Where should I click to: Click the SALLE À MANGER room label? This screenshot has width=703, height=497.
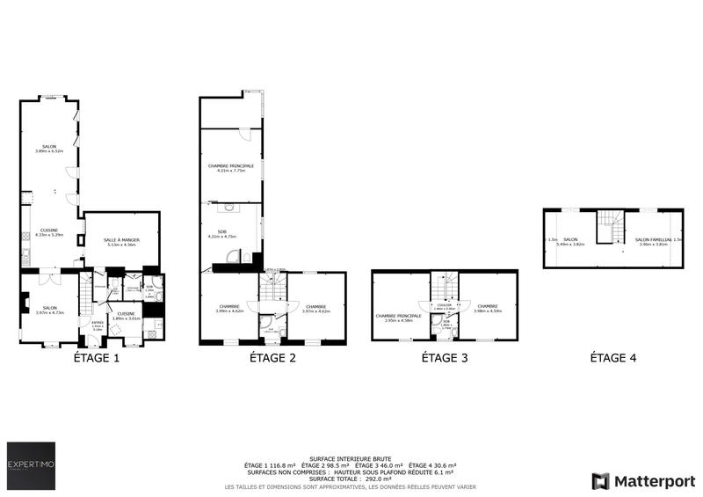[x=121, y=240]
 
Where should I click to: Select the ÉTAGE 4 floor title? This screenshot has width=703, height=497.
[x=612, y=358]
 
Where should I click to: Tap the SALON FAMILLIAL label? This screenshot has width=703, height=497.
[x=653, y=239]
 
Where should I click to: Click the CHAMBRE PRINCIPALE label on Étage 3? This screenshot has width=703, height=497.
[x=398, y=315]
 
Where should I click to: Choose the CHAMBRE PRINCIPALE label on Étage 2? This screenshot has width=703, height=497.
[x=231, y=165]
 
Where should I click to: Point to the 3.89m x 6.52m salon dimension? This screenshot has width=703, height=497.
[x=49, y=151]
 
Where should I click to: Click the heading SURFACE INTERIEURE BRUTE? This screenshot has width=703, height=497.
[x=351, y=458]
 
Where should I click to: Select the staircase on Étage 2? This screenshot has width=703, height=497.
[x=272, y=288]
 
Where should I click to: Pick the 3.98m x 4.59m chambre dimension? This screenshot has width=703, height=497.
[x=487, y=311]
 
